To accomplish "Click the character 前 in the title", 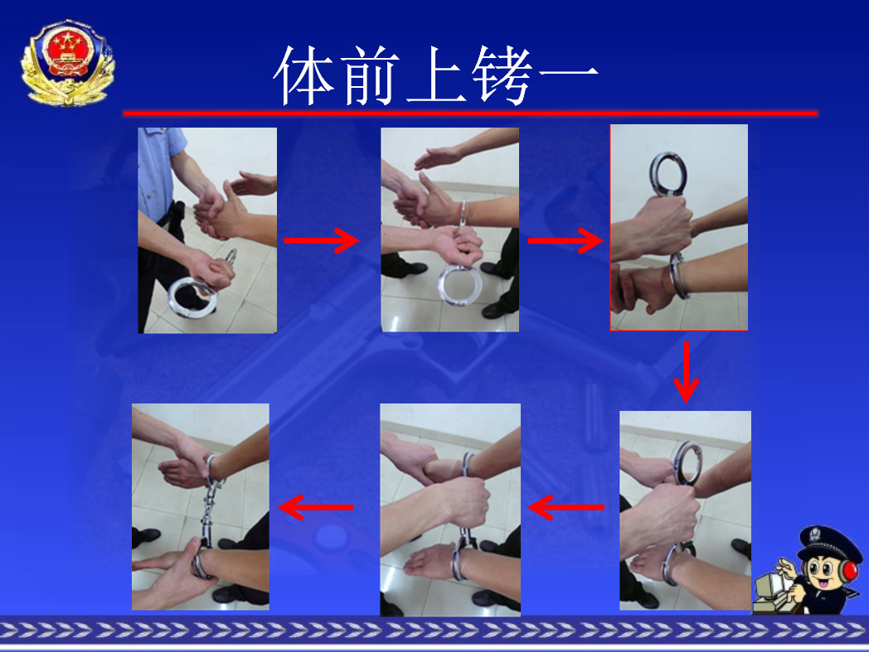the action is click(370, 75).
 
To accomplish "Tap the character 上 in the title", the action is click(437, 75).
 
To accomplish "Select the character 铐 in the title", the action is click(503, 75).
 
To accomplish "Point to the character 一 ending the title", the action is click(569, 73).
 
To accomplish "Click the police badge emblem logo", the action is click(68, 63).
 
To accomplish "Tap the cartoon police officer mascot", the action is click(808, 572).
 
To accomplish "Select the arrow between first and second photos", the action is click(322, 240).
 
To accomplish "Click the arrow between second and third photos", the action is click(566, 240).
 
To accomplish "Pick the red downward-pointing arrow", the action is click(686, 372).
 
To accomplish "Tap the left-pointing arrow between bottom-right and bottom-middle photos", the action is click(566, 507).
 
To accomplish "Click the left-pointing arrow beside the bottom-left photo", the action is click(316, 507).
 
